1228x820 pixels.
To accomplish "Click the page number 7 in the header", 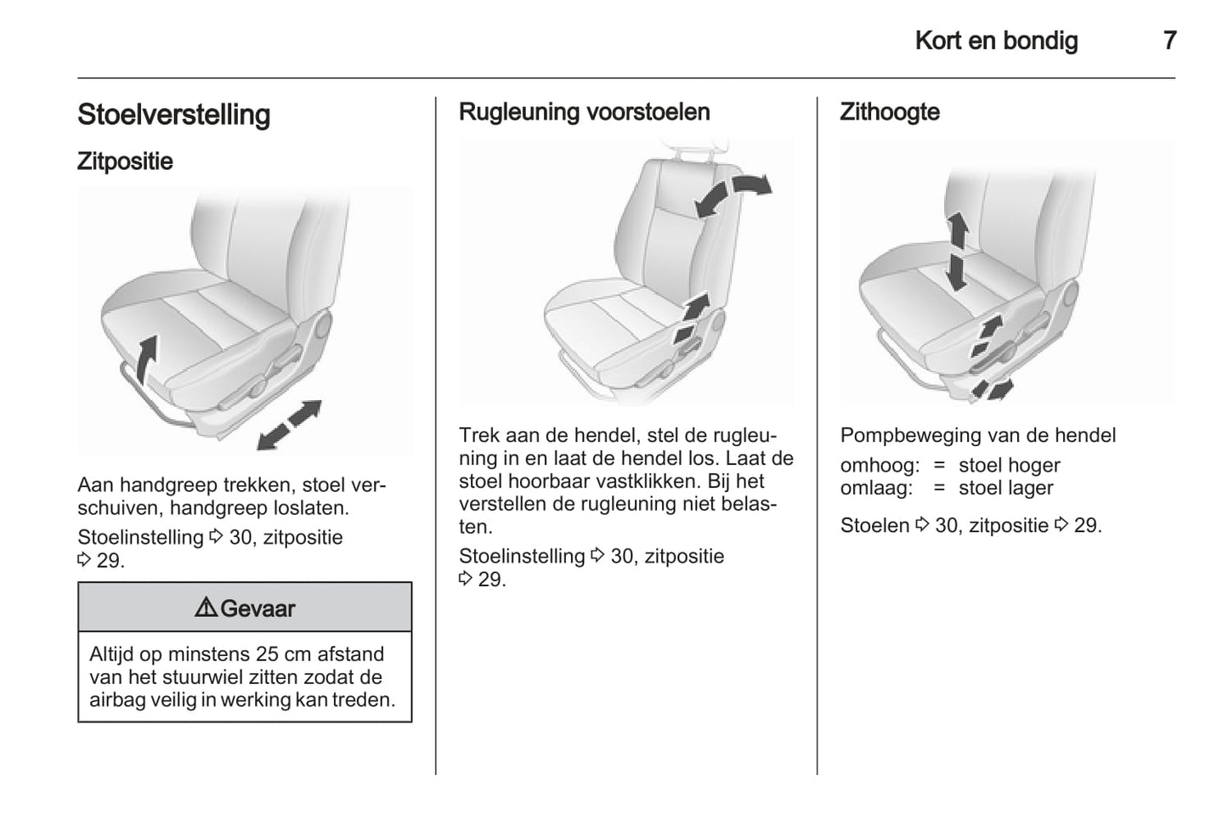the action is point(1169,41).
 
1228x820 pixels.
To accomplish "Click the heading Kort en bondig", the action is point(996,41).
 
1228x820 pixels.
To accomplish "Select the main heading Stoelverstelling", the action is point(173,115).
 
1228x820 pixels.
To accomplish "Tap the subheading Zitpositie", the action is point(125,161).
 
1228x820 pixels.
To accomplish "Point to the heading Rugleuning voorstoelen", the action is point(585,112).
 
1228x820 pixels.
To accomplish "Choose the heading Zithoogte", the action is point(890,112).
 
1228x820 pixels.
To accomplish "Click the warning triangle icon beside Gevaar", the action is point(206,608).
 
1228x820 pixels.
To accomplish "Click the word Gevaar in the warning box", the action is point(257,608).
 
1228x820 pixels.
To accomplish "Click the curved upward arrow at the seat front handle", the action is point(146,359).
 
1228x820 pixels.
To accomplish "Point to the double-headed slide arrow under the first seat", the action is point(289,425).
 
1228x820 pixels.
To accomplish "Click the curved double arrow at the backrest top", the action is point(732,195).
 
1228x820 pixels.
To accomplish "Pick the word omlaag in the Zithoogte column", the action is point(876,488).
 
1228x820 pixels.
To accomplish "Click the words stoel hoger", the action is point(1010,466).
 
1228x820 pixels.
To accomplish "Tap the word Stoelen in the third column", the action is point(874,526).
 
